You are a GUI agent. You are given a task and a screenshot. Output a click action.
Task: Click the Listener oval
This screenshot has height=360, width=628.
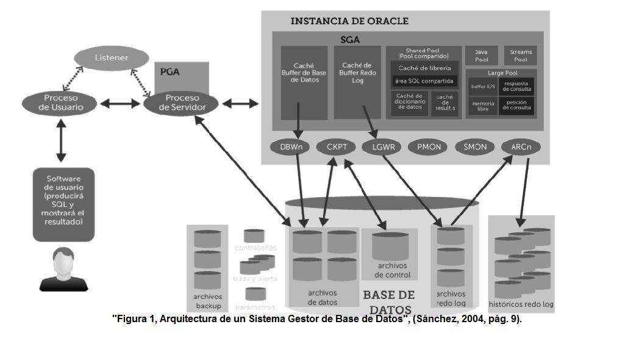click(x=112, y=58)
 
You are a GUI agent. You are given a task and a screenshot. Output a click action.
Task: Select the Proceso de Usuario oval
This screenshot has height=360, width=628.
click(x=60, y=103)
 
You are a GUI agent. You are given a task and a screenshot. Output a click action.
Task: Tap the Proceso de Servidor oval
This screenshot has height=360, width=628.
click(x=182, y=103)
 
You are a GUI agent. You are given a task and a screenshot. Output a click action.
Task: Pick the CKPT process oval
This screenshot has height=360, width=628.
click(x=337, y=147)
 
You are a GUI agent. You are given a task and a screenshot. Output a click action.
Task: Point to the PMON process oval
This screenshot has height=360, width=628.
click(x=429, y=147)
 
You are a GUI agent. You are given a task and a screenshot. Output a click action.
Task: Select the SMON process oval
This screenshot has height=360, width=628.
click(x=475, y=147)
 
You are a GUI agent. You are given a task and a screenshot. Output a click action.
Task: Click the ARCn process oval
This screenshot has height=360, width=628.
click(x=520, y=147)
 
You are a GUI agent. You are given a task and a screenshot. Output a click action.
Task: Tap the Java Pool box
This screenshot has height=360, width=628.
click(x=481, y=56)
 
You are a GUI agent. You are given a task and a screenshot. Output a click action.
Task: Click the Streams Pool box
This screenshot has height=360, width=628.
click(x=520, y=56)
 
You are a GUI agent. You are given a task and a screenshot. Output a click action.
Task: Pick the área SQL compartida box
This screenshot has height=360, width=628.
click(x=424, y=81)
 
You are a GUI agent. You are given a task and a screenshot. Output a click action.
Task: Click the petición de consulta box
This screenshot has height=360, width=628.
click(x=517, y=106)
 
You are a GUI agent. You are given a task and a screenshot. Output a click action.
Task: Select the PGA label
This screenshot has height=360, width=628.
click(x=169, y=71)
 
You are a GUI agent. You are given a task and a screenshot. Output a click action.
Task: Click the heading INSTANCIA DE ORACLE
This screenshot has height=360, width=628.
click(x=349, y=21)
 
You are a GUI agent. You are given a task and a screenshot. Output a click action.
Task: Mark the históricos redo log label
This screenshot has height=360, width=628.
click(x=521, y=304)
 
